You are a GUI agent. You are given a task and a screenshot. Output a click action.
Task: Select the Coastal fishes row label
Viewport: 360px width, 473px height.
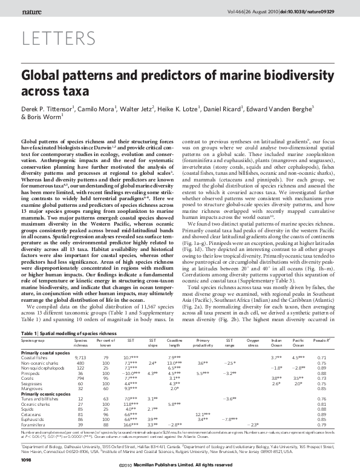click(35, 358)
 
